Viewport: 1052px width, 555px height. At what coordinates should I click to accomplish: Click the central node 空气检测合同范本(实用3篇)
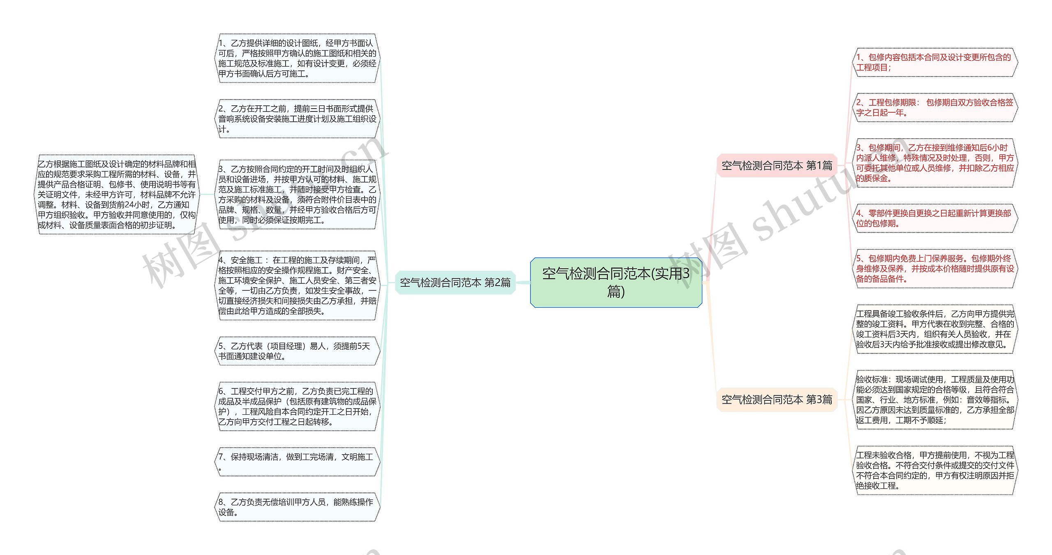click(616, 282)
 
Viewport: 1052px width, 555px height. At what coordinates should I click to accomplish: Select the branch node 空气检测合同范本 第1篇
click(776, 165)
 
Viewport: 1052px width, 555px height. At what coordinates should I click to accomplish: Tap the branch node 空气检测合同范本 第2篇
click(455, 282)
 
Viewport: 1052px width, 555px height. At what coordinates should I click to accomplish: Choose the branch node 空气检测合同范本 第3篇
click(776, 399)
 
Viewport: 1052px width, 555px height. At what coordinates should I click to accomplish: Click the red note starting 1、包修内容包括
click(934, 63)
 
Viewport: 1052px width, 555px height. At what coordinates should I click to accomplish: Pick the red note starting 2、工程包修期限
click(934, 107)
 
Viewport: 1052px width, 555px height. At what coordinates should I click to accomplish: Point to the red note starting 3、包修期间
click(934, 163)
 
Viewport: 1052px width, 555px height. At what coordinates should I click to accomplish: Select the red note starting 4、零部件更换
click(934, 218)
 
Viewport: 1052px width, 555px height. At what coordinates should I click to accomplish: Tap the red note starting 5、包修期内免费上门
click(934, 269)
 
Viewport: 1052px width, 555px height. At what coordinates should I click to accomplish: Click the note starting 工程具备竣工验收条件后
click(934, 329)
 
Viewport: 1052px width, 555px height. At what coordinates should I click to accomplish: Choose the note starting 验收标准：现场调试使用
click(934, 399)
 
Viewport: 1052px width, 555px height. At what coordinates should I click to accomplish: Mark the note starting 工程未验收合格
click(934, 470)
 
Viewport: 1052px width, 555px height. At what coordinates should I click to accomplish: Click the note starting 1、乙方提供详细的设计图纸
click(297, 58)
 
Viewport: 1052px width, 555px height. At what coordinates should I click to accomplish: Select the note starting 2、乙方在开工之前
click(297, 119)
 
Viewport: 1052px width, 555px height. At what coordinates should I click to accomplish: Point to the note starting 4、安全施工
click(297, 286)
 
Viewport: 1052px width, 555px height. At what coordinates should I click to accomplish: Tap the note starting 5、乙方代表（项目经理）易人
click(297, 351)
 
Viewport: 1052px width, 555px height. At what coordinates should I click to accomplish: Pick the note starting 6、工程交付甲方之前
click(297, 406)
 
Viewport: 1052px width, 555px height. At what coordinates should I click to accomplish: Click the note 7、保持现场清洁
click(297, 462)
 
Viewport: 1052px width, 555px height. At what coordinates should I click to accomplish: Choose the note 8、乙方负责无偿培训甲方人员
click(297, 507)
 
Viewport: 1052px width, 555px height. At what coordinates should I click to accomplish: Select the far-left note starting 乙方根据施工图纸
click(117, 195)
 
